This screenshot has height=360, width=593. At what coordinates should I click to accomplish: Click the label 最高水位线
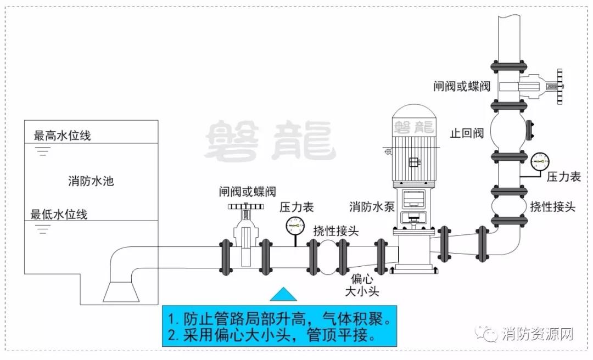click(63, 136)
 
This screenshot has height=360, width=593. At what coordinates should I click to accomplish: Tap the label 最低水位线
click(59, 214)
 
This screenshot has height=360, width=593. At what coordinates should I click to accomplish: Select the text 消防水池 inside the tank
click(91, 181)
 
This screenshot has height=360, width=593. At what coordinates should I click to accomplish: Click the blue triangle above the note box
click(283, 294)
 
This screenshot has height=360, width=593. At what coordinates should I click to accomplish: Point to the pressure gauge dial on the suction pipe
click(295, 226)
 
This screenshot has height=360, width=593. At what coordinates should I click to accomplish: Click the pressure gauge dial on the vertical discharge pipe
click(539, 161)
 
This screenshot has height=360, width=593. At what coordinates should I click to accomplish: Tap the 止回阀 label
click(466, 133)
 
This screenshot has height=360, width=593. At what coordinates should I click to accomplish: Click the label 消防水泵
click(372, 207)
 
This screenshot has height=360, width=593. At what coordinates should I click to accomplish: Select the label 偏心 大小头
click(361, 286)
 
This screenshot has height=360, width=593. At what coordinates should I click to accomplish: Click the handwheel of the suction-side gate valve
click(246, 207)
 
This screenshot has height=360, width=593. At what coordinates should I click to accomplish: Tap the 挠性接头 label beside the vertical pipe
click(552, 207)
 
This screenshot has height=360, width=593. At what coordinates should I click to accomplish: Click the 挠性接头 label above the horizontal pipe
click(336, 230)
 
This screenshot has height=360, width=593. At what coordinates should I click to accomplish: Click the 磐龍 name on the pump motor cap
click(413, 127)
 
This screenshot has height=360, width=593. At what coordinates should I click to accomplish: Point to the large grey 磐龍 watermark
click(270, 140)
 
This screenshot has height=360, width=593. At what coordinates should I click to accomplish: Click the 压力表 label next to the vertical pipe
click(563, 177)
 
